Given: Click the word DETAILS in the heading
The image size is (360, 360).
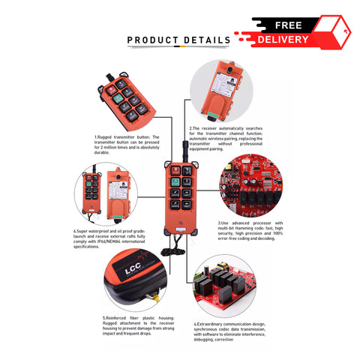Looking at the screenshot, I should click(205, 40).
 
